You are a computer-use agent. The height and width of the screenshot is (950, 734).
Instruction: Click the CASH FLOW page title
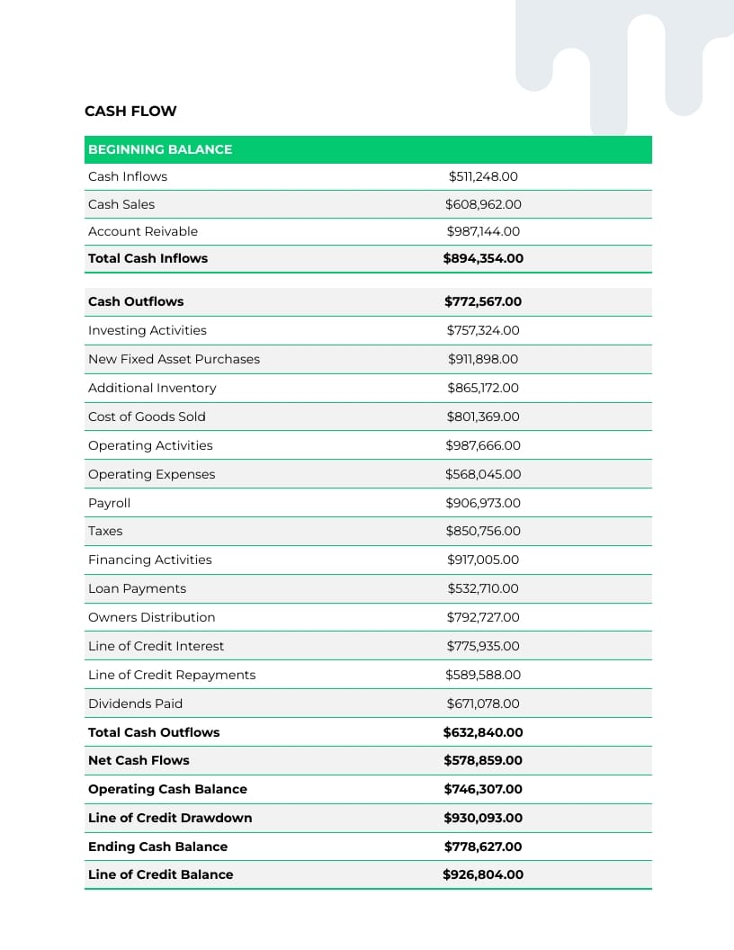click(x=130, y=112)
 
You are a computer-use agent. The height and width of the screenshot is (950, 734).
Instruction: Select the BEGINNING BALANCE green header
click(x=160, y=149)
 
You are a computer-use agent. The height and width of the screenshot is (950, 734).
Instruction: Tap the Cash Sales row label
click(x=121, y=204)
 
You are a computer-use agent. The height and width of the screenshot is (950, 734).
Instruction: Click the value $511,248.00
click(x=483, y=176)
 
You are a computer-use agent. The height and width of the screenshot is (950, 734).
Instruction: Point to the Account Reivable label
click(x=143, y=231)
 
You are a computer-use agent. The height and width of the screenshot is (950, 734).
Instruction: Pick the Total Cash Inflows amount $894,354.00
click(x=483, y=258)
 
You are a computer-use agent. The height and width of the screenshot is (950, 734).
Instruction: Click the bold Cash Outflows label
click(x=136, y=301)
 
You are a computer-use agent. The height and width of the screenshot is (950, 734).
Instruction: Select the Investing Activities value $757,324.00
click(x=483, y=330)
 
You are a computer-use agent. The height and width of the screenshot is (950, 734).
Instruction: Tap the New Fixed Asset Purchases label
click(x=174, y=359)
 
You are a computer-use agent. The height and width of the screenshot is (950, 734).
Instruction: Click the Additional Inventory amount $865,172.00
click(x=483, y=388)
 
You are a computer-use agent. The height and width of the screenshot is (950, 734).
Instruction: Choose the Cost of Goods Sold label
click(x=147, y=417)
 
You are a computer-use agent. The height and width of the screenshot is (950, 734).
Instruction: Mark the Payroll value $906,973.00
click(x=483, y=503)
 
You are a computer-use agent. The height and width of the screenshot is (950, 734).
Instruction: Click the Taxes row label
click(x=105, y=531)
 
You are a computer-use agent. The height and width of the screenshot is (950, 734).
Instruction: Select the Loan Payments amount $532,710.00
click(x=483, y=588)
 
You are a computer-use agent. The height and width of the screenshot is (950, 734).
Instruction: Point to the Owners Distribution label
click(x=151, y=617)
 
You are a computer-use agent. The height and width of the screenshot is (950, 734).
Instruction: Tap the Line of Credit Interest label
click(x=156, y=646)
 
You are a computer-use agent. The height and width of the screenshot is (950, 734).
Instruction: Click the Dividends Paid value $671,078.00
click(x=483, y=704)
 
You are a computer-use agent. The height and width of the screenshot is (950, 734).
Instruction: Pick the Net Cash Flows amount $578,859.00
click(x=483, y=760)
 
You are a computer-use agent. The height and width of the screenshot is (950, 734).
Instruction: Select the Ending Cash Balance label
click(x=157, y=847)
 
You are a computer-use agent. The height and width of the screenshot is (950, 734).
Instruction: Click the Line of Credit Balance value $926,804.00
click(x=483, y=874)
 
